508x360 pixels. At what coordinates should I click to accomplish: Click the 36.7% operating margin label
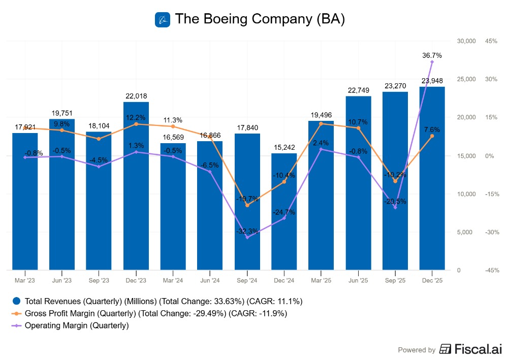tap(432, 55)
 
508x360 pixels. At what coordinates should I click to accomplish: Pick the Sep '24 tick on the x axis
tap(247, 280)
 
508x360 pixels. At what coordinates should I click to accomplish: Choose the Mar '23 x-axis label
tap(25, 280)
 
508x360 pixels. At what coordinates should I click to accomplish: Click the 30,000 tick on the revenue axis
tap(466, 41)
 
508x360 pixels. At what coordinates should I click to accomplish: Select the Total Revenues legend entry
tap(157, 301)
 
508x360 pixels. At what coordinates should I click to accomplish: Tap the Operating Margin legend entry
tap(76, 325)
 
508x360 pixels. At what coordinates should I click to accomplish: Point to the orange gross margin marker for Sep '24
tap(247, 205)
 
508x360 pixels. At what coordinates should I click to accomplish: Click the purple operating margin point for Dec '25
tap(432, 62)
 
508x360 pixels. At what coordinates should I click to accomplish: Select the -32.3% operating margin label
tap(247, 231)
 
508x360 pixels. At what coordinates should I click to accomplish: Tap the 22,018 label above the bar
tap(136, 96)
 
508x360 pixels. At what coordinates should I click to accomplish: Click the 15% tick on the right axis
tap(492, 117)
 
